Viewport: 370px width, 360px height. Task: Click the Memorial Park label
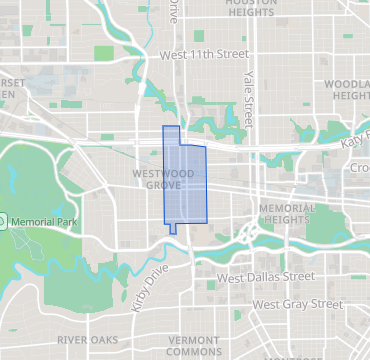43,220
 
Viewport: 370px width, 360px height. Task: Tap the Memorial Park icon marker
3,220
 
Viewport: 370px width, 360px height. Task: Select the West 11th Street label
203,53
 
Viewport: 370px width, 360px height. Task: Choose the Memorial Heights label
286,214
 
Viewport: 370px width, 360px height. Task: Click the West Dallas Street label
266,277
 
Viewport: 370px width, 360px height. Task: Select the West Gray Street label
298,303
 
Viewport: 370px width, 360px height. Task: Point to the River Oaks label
87,340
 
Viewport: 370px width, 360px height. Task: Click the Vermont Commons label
193,346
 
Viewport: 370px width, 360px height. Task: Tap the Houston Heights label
251,8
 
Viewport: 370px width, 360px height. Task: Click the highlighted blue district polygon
185,185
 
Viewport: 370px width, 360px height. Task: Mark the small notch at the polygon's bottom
174,228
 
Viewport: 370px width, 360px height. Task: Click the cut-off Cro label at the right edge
359,168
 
